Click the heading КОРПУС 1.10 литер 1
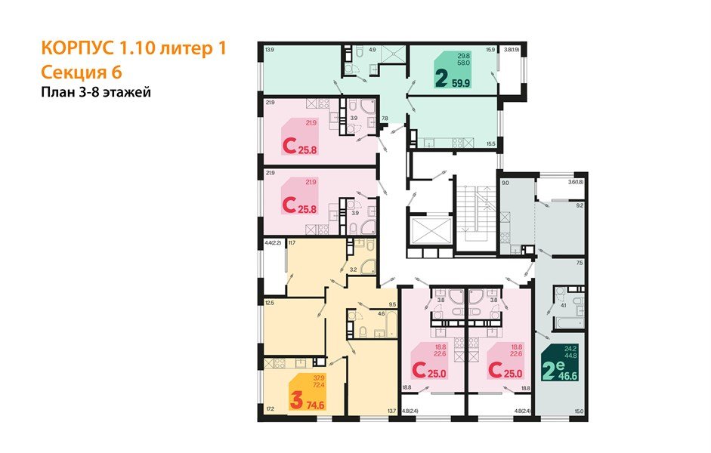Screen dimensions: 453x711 click(132, 48)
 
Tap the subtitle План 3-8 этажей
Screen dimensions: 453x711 click(97, 93)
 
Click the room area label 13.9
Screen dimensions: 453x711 click(269, 50)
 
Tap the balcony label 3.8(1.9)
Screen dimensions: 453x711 click(516, 50)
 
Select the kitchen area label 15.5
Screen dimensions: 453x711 click(490, 143)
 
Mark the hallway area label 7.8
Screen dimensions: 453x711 click(384, 119)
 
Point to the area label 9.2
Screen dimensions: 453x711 click(580, 205)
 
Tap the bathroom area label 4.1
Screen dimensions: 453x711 click(564, 306)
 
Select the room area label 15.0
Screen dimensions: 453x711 click(579, 410)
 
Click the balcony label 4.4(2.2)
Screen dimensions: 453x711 click(273, 242)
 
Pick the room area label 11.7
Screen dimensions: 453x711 click(292, 242)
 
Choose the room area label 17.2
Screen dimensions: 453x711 click(270, 409)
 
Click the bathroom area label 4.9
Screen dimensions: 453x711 click(372, 50)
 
